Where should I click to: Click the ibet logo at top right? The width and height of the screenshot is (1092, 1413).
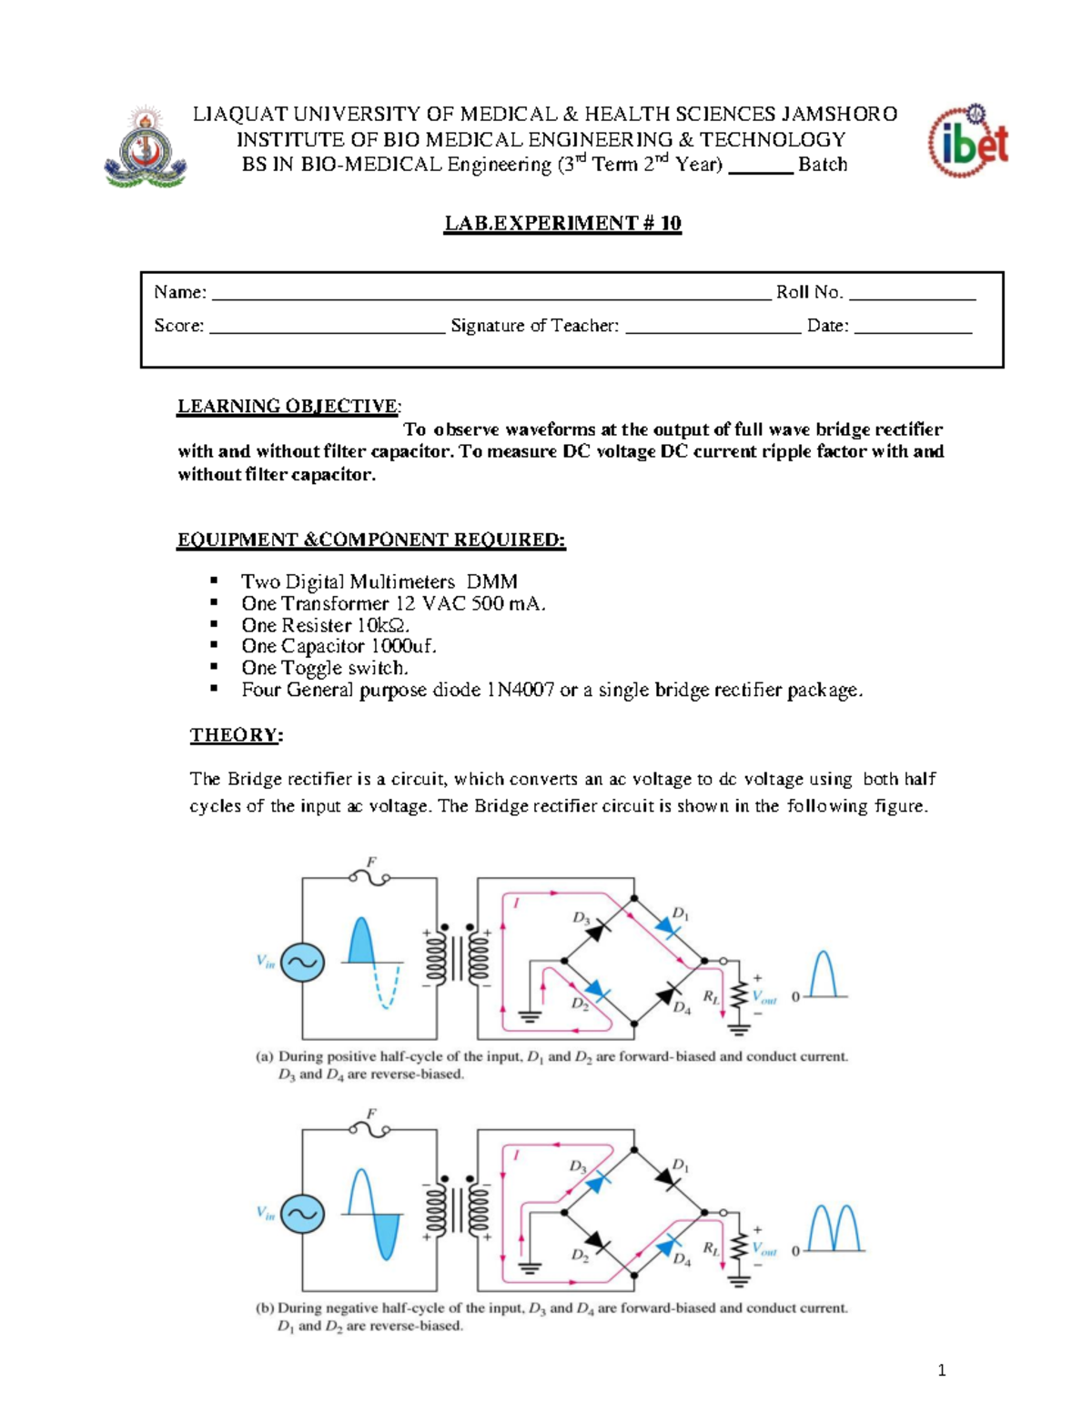pyautogui.click(x=967, y=141)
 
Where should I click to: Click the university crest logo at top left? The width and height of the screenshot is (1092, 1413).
pyautogui.click(x=146, y=147)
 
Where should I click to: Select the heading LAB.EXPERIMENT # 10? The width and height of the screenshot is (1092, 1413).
pyautogui.click(x=562, y=224)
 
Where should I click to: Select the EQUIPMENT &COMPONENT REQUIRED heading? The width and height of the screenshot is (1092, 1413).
pyautogui.click(x=371, y=540)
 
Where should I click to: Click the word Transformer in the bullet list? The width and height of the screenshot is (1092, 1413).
pyautogui.click(x=336, y=604)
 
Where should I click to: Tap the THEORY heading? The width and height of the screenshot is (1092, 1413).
pyautogui.click(x=236, y=735)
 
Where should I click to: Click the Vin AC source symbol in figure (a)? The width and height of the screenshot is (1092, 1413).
pyautogui.click(x=302, y=962)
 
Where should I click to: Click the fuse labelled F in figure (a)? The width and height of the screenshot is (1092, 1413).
pyautogui.click(x=369, y=876)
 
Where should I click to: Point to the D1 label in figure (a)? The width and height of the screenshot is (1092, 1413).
pyautogui.click(x=680, y=913)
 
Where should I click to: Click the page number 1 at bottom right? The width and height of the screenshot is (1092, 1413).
pyautogui.click(x=942, y=1370)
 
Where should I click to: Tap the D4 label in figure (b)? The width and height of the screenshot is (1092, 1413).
pyautogui.click(x=682, y=1259)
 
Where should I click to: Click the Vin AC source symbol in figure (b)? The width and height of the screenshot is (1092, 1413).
pyautogui.click(x=302, y=1214)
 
